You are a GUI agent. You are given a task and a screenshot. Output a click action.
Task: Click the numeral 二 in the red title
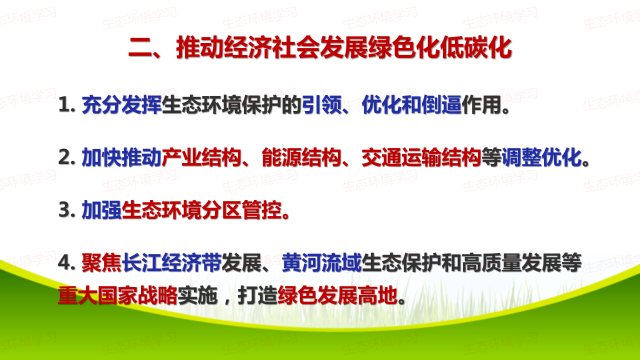click(x=140, y=48)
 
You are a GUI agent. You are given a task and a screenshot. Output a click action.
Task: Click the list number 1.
click(x=66, y=105)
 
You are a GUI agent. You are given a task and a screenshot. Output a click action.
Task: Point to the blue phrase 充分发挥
click(x=122, y=104)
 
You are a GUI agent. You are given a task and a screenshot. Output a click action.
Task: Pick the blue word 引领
click(x=322, y=104)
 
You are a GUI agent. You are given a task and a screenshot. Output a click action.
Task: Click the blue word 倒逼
click(x=441, y=104)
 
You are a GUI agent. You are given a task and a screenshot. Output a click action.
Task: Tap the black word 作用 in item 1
click(x=481, y=104)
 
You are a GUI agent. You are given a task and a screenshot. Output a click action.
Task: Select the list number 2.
click(x=66, y=157)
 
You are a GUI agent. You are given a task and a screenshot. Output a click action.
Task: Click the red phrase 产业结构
click(x=201, y=157)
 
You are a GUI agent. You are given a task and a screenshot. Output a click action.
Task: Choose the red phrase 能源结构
click(x=301, y=157)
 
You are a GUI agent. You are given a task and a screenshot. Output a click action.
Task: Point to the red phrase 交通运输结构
click(x=421, y=157)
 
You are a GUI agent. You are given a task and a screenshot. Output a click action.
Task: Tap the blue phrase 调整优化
click(x=541, y=157)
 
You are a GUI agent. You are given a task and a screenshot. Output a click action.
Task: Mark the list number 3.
click(x=66, y=210)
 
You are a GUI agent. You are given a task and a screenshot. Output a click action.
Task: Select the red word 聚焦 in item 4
click(x=101, y=262)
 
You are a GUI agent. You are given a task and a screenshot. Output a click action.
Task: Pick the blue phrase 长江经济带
click(x=171, y=262)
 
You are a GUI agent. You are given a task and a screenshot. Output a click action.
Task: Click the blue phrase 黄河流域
click(x=321, y=262)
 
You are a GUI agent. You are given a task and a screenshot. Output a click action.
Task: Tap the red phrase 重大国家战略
click(x=117, y=295)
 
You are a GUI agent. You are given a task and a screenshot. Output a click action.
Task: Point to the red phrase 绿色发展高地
click(x=337, y=295)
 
